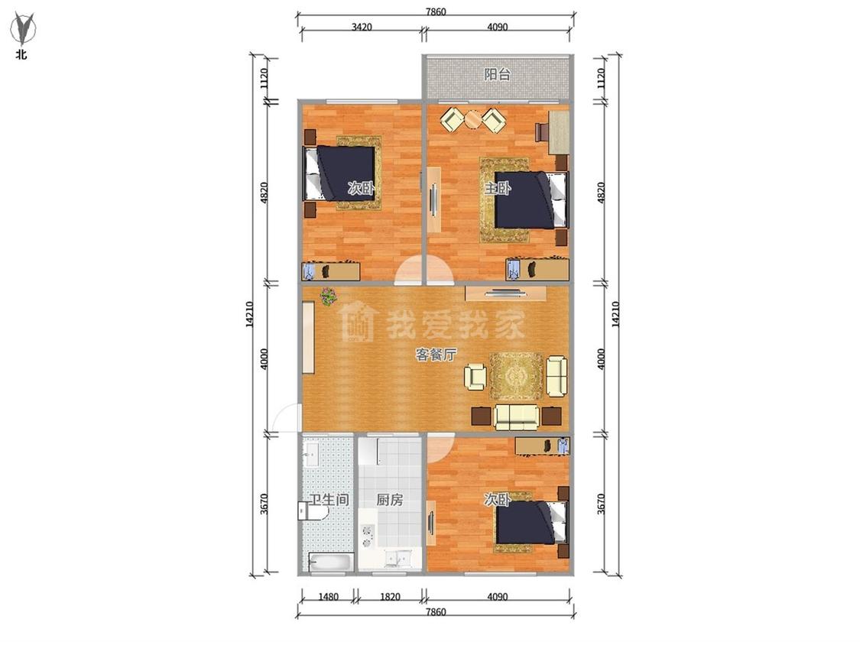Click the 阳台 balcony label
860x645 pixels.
[x=497, y=75]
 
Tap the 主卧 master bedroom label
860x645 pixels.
[x=498, y=189]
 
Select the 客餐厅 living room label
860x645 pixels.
[x=436, y=355]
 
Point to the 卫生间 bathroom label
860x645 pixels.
[x=329, y=500]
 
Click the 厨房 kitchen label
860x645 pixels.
[x=389, y=500]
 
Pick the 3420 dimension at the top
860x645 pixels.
[x=362, y=27]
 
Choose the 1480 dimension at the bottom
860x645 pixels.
[x=329, y=597]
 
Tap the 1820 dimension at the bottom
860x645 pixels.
[x=390, y=597]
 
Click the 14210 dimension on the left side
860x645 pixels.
[x=249, y=315]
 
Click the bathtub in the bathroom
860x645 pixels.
[x=331, y=562]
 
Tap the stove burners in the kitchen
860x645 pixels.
[x=367, y=536]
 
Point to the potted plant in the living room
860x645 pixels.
[x=328, y=297]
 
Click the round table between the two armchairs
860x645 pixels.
[x=472, y=118]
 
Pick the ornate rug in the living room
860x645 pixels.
[x=516, y=376]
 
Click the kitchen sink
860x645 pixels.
[x=398, y=559]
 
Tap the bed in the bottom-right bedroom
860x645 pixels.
[x=531, y=522]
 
